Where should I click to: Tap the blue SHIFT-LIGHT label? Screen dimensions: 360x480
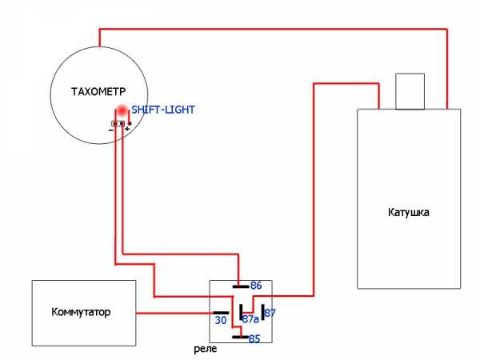(162, 108)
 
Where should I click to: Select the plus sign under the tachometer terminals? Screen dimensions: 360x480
(127, 129)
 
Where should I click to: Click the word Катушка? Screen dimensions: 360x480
(409, 214)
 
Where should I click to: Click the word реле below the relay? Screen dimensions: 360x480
(206, 350)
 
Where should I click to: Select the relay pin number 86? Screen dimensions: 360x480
(256, 286)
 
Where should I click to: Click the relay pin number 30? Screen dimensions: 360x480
(220, 321)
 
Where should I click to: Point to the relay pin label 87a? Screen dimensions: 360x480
(250, 318)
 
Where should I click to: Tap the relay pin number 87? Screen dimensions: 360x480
(270, 312)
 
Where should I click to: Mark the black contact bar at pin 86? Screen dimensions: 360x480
(239, 286)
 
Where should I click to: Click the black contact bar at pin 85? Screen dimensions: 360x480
(239, 338)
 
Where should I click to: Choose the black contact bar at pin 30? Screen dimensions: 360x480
(220, 311)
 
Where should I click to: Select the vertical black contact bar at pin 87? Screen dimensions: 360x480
(262, 310)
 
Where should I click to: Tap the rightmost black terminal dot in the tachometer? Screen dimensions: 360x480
(130, 123)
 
